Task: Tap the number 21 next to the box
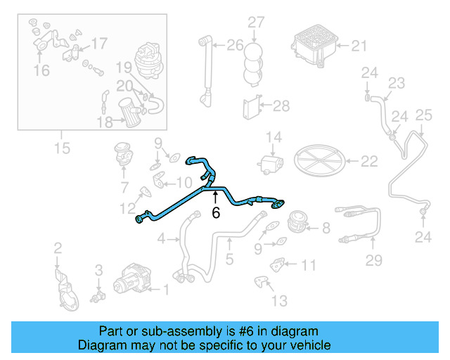[359, 46]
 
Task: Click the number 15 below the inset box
[62, 148]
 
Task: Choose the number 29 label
[373, 261]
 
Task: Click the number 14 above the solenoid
[273, 136]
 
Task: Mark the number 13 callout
[279, 301]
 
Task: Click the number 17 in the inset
[99, 44]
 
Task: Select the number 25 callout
[423, 115]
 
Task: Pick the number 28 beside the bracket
[281, 106]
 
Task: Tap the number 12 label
[127, 208]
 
